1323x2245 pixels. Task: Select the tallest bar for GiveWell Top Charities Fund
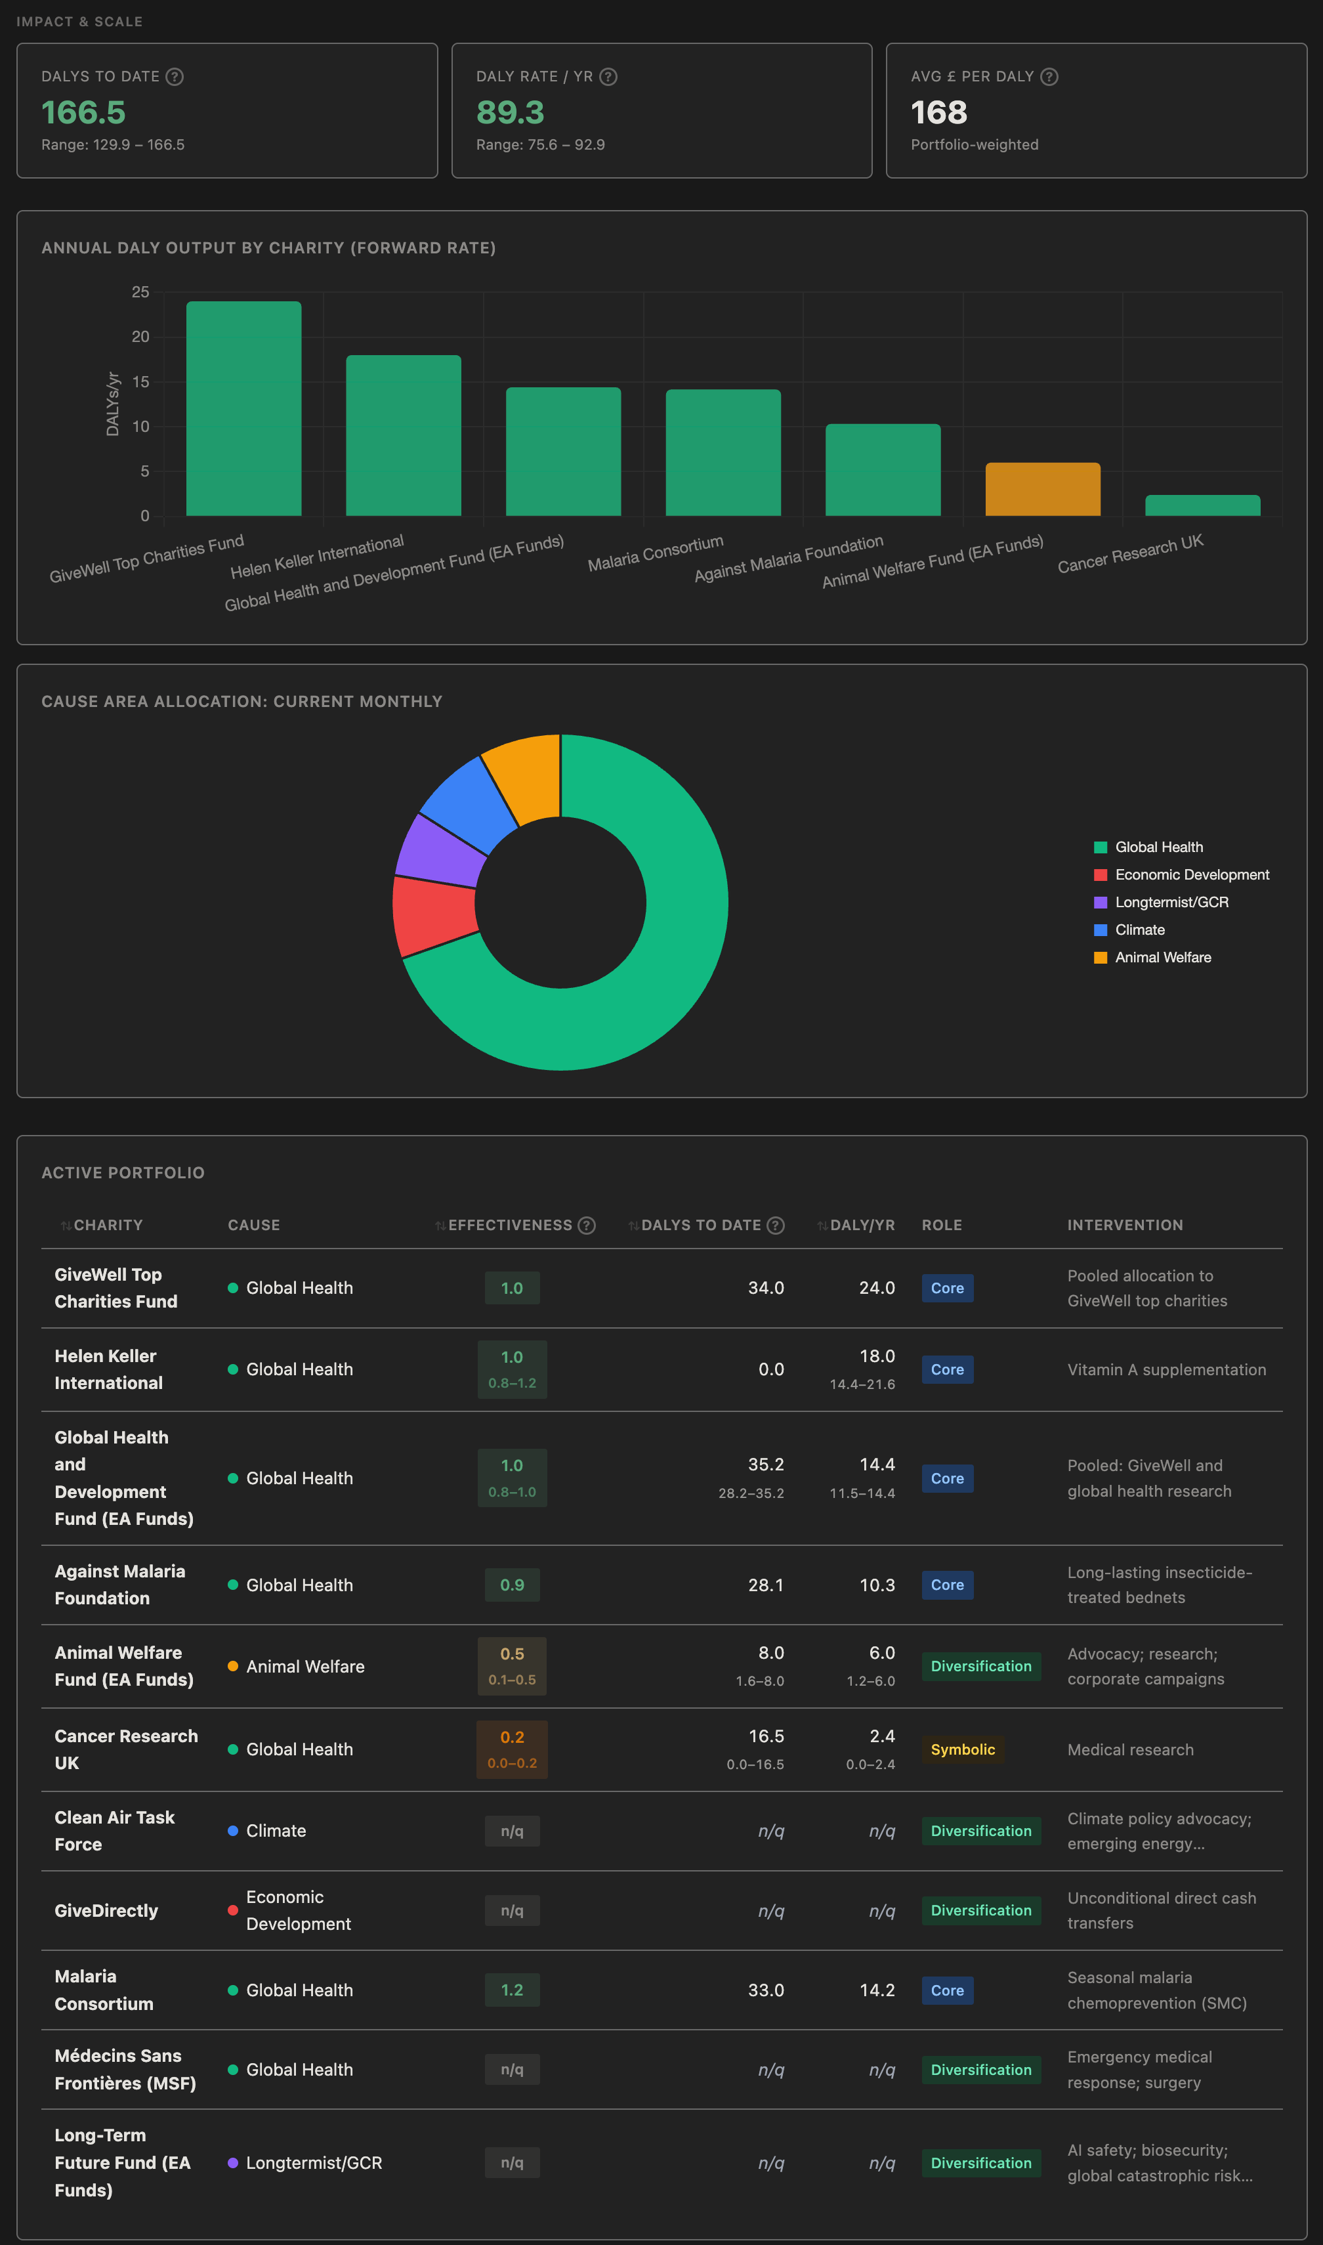243,408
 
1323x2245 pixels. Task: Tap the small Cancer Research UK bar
1202,505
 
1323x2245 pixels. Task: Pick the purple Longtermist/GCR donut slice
441,849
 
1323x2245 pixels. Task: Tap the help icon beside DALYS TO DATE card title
175,77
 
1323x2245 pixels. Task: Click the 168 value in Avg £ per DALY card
938,112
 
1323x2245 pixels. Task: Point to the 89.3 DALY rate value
510,112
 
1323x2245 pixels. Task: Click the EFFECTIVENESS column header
510,1225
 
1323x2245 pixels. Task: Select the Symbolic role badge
963,1749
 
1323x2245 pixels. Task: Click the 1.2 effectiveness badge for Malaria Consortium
512,1990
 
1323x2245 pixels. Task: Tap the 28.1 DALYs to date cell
766,1585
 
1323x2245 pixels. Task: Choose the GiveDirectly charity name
106,1911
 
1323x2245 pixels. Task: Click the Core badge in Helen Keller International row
947,1369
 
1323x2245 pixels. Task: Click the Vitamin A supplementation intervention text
1166,1369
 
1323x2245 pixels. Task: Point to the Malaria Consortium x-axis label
655,553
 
